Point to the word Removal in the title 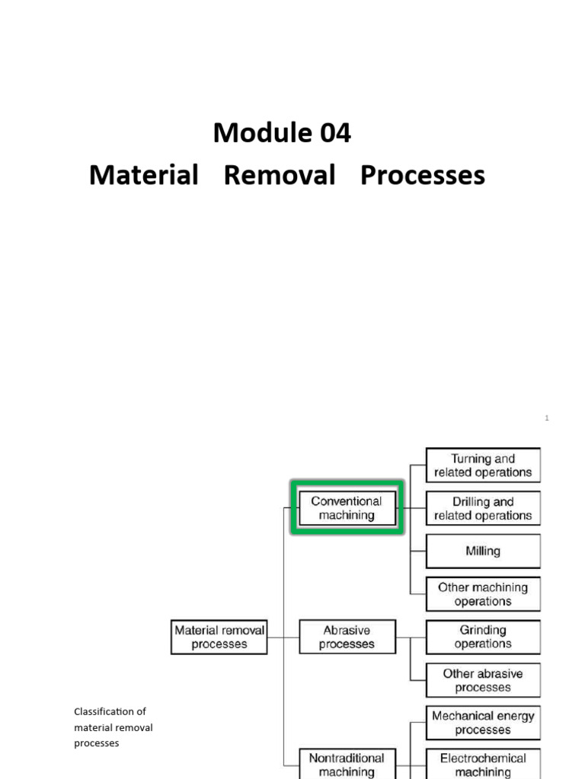tap(280, 176)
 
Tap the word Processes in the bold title tap(422, 176)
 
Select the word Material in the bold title tap(143, 176)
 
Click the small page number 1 tap(547, 418)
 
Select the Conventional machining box tap(347, 508)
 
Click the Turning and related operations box tap(483, 466)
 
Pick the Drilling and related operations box tap(483, 509)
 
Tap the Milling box tap(483, 552)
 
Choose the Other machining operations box tap(483, 594)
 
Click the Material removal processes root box tap(219, 638)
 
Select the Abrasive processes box tap(347, 638)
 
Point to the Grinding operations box tap(483, 638)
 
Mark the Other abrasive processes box tap(483, 680)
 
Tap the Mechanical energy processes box tap(483, 723)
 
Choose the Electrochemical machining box tap(483, 765)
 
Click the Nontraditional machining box tap(347, 765)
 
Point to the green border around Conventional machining tap(347, 483)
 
